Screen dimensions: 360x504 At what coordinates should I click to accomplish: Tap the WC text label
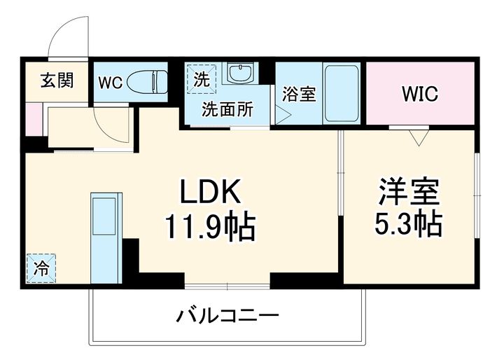tap(109, 82)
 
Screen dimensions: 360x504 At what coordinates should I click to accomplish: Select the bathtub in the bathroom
tap(341, 93)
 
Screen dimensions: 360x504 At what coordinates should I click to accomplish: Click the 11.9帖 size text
tap(210, 226)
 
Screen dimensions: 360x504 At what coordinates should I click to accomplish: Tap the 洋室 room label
tap(409, 191)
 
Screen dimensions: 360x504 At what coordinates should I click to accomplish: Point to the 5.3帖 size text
tap(409, 224)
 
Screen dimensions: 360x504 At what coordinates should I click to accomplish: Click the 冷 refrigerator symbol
tap(41, 267)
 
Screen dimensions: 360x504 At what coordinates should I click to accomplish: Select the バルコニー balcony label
tap(227, 315)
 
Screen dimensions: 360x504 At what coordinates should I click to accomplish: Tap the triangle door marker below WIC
tap(419, 138)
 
